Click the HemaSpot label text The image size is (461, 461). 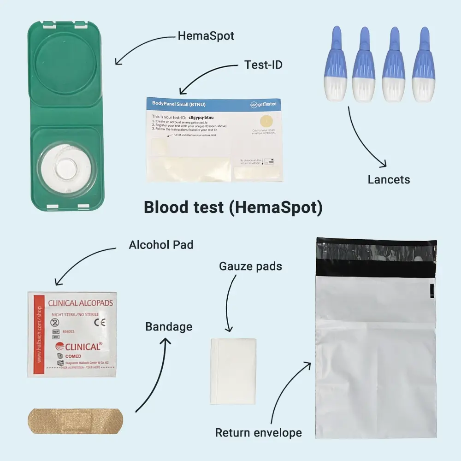[206, 36]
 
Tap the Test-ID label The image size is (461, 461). [263, 65]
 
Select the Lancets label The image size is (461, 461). [389, 179]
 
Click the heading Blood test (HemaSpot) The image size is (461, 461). [233, 207]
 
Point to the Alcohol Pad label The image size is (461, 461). [161, 244]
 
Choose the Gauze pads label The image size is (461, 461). [250, 266]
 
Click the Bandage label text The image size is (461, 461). [169, 327]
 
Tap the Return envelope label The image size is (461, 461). [259, 433]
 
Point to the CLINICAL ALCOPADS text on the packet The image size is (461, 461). [81, 304]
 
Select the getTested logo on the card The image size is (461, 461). [264, 104]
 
